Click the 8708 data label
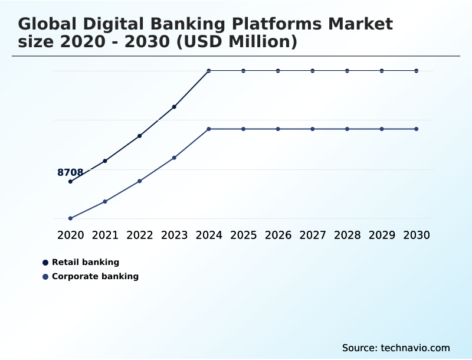pyautogui.click(x=70, y=172)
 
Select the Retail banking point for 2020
pyautogui.click(x=70, y=181)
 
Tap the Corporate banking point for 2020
pyautogui.click(x=70, y=218)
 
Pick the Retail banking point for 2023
pyautogui.click(x=174, y=107)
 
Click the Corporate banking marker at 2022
pyautogui.click(x=140, y=181)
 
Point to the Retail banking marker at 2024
pyautogui.click(x=209, y=71)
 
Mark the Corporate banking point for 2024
pyautogui.click(x=209, y=129)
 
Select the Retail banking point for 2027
pyautogui.click(x=313, y=71)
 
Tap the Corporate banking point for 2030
pyautogui.click(x=417, y=129)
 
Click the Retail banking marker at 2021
pyautogui.click(x=105, y=161)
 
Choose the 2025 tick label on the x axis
pyautogui.click(x=243, y=235)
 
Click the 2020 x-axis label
pyautogui.click(x=70, y=235)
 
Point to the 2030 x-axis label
pyautogui.click(x=417, y=235)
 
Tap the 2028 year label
pyautogui.click(x=347, y=235)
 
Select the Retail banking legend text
pyautogui.click(x=86, y=262)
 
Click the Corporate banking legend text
pyautogui.click(x=95, y=276)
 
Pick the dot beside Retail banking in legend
pyautogui.click(x=45, y=262)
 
